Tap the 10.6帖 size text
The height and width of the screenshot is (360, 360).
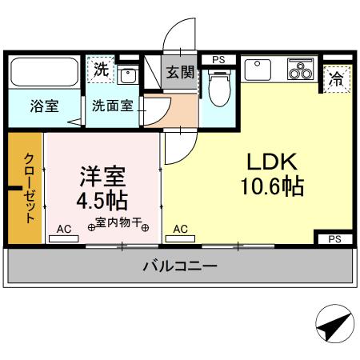click(270, 187)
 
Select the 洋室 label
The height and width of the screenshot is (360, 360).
click(103, 174)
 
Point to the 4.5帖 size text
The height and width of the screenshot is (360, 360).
click(103, 198)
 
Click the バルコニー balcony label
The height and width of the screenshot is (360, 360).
click(180, 266)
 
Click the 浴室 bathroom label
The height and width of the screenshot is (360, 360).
click(43, 106)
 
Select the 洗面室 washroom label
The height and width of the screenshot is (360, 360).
click(110, 105)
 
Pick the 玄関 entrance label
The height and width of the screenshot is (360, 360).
click(180, 72)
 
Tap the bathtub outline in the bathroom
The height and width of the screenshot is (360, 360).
click(43, 74)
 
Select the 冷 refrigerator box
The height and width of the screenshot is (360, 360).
click(336, 79)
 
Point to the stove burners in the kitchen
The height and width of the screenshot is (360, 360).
click(302, 70)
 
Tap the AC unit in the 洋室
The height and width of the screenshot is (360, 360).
click(64, 230)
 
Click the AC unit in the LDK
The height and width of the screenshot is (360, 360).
click(181, 230)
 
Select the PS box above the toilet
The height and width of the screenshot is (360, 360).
click(218, 58)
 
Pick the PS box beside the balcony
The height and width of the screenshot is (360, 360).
click(334, 238)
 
